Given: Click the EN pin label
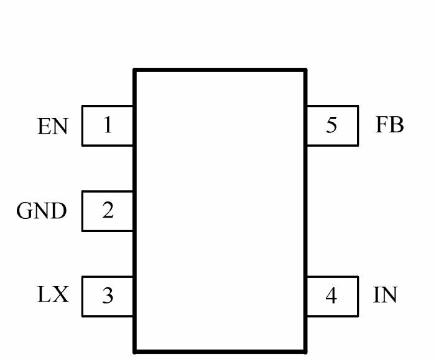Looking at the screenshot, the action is pyautogui.click(x=52, y=126).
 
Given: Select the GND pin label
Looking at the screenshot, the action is pyautogui.click(x=42, y=210).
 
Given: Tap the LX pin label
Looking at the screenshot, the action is pyautogui.click(x=53, y=294).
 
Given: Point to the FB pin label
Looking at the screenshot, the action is pyautogui.click(x=389, y=124).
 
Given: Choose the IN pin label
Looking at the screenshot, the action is pyautogui.click(x=385, y=294).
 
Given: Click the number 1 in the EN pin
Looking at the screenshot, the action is pyautogui.click(x=108, y=125).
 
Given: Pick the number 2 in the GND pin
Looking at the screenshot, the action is pyautogui.click(x=108, y=210).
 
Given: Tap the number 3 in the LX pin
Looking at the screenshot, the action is pyautogui.click(x=108, y=295).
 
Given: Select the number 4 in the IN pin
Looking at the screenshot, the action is pyautogui.click(x=331, y=295).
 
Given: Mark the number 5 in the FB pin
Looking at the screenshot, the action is pyautogui.click(x=332, y=125).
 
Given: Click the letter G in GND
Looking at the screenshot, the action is pyautogui.click(x=25, y=210).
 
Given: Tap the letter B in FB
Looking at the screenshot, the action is pyautogui.click(x=397, y=124).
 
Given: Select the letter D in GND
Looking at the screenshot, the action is pyautogui.click(x=58, y=210).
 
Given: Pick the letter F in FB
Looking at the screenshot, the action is pyautogui.click(x=382, y=124).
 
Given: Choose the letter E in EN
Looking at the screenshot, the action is pyautogui.click(x=44, y=126).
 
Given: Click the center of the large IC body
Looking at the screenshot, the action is pyautogui.click(x=220, y=211).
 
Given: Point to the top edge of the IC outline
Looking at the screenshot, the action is pyautogui.click(x=220, y=70).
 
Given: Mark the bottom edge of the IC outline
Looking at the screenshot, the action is pyautogui.click(x=220, y=352).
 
